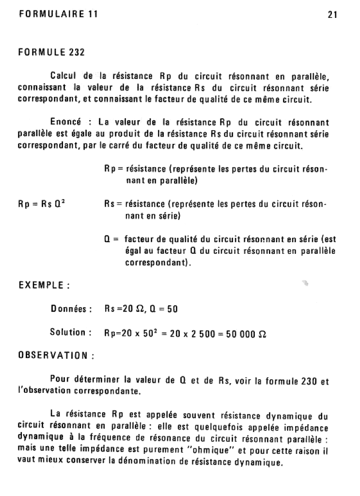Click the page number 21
pyautogui.click(x=332, y=15)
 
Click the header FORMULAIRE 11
pyautogui.click(x=58, y=15)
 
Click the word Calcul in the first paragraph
pyautogui.click(x=65, y=76)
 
